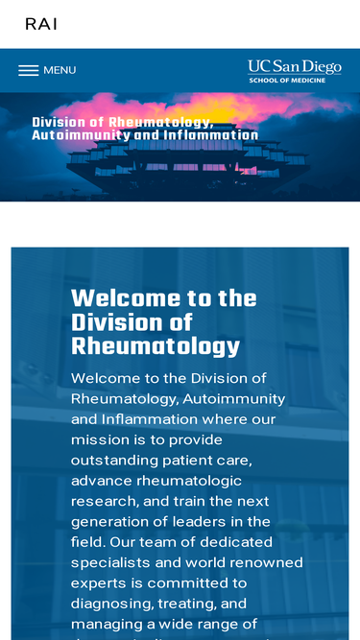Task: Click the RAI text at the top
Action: pos(41,24)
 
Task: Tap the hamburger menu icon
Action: pos(29,70)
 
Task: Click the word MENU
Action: pos(60,70)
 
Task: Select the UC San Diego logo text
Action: pos(294,66)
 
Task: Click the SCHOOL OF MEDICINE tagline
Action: pos(287,81)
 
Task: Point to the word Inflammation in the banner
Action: pos(210,135)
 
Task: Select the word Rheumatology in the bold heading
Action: pos(156,345)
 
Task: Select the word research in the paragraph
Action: pos(106,501)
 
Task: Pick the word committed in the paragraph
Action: pos(186,582)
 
